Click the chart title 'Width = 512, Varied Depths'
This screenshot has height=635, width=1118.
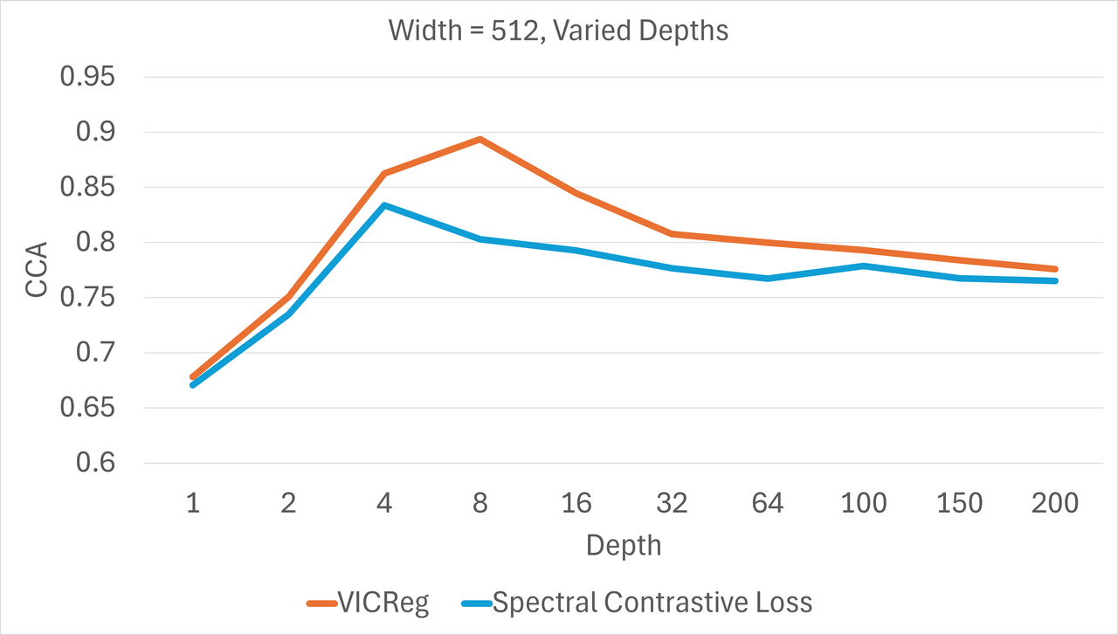pyautogui.click(x=558, y=31)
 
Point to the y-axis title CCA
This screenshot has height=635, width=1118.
pyautogui.click(x=36, y=271)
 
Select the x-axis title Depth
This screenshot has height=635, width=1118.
pyautogui.click(x=624, y=546)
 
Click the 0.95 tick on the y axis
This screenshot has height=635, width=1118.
pyautogui.click(x=87, y=78)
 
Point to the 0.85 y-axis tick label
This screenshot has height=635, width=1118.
pyautogui.click(x=87, y=188)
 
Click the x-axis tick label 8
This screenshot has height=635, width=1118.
pyautogui.click(x=480, y=503)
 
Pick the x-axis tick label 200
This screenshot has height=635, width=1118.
pyautogui.click(x=1055, y=503)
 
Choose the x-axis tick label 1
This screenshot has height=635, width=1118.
pyautogui.click(x=192, y=503)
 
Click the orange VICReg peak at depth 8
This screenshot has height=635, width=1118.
pyautogui.click(x=480, y=139)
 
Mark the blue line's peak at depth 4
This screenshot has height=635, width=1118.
pyautogui.click(x=384, y=205)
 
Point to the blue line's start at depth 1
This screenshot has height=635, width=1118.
pyautogui.click(x=192, y=384)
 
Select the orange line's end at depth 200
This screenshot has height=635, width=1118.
pyautogui.click(x=1055, y=269)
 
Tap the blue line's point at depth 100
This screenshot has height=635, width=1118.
pyautogui.click(x=864, y=266)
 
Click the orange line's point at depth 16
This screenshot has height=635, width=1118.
pyautogui.click(x=576, y=193)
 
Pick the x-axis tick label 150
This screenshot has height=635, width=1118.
pyautogui.click(x=960, y=503)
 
